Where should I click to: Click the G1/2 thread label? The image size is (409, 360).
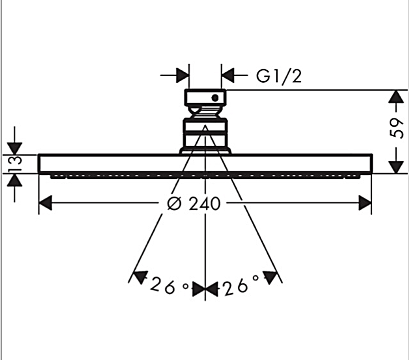tap(279, 76)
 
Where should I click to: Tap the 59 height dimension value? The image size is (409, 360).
tap(396, 128)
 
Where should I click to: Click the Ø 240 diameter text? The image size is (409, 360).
tap(193, 204)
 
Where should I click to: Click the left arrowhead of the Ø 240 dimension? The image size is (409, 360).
tap(45, 203)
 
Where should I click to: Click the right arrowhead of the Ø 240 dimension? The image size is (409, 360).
tap(365, 203)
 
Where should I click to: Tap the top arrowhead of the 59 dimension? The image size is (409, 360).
tap(397, 97)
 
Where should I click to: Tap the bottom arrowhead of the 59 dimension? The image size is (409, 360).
tap(397, 166)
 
